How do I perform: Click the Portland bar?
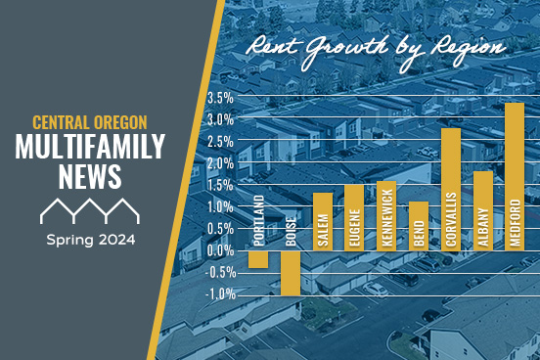[258, 259]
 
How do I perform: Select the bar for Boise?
[291, 273]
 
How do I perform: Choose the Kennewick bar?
[385, 216]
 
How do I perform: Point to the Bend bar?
[418, 226]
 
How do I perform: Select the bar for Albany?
[482, 211]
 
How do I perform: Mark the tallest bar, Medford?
[515, 177]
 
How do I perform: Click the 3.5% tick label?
[220, 98]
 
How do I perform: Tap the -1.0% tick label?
[220, 293]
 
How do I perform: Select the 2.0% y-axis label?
[220, 163]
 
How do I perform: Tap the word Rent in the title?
[269, 45]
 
